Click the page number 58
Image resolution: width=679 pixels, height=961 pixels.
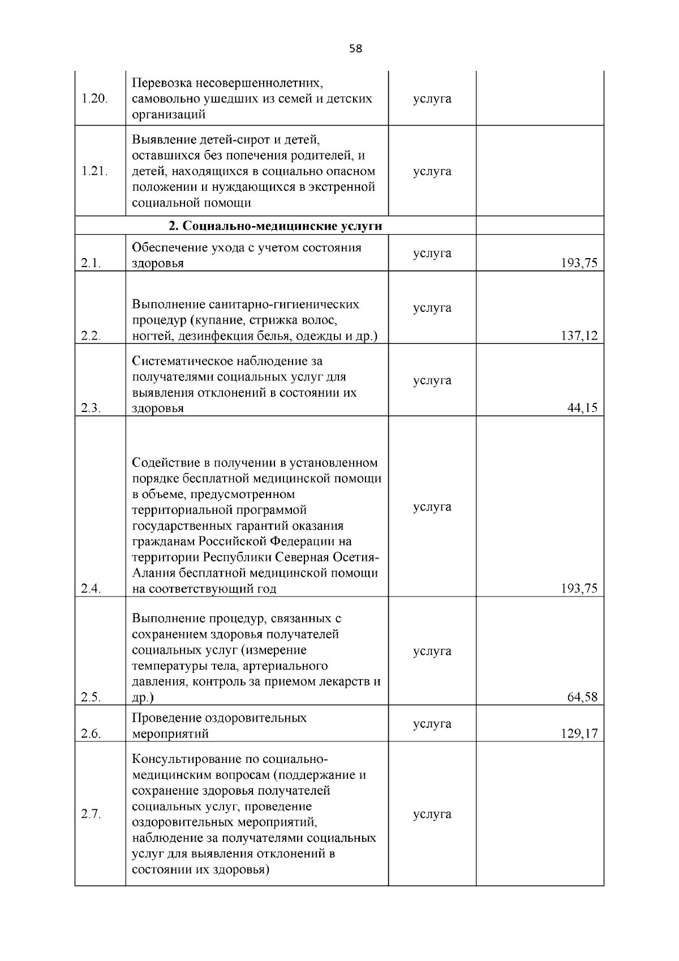tap(355, 49)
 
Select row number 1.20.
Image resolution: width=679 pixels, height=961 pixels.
tap(94, 99)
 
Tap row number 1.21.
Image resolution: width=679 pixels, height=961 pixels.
tap(94, 171)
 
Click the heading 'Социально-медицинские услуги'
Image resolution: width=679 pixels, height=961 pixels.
tap(275, 226)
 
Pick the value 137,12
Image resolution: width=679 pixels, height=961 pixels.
tap(579, 336)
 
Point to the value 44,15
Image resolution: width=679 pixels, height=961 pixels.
tap(582, 408)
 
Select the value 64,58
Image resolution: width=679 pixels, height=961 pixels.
tap(582, 697)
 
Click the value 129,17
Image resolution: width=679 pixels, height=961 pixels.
tap(579, 734)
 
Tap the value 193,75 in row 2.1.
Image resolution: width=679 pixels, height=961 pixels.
tap(579, 264)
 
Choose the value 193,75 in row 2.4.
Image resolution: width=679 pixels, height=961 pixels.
tap(579, 589)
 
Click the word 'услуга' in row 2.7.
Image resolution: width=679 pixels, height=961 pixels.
tap(432, 814)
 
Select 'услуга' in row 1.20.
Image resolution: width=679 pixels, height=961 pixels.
tap(432, 99)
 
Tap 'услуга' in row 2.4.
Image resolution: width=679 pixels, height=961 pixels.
tap(432, 507)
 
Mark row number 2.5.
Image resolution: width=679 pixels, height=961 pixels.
tap(91, 697)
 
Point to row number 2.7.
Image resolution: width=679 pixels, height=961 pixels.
tap(91, 814)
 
